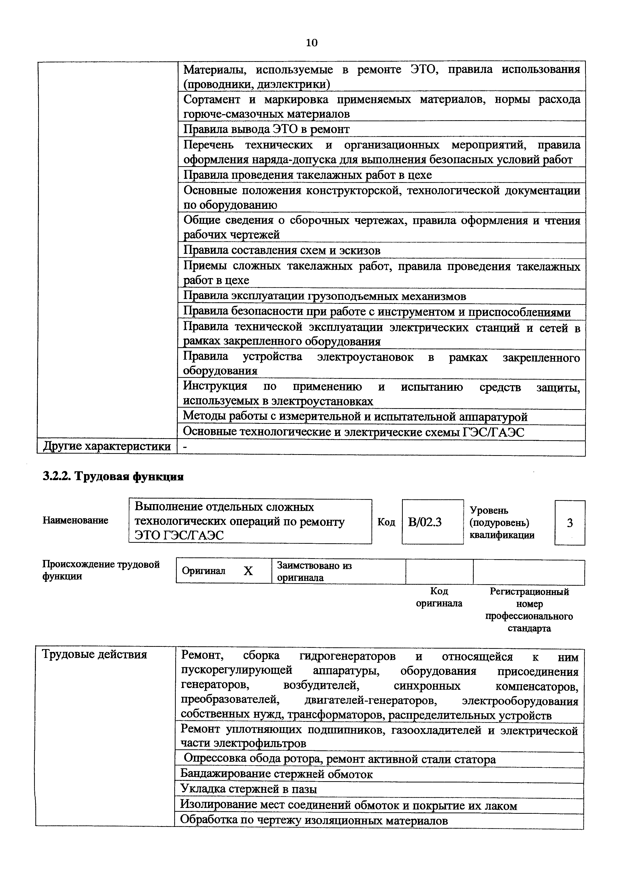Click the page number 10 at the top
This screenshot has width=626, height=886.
312,43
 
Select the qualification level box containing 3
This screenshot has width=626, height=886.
570,523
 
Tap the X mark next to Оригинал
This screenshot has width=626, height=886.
248,571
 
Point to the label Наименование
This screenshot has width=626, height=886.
75,521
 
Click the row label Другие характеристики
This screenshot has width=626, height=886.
107,447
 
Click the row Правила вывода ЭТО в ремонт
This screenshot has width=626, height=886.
266,129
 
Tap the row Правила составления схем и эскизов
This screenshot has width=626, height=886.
282,251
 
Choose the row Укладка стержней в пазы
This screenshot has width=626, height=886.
249,789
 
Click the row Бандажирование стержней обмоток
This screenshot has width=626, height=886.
277,774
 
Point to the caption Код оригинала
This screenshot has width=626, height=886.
439,597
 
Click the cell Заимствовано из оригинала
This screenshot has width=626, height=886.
314,572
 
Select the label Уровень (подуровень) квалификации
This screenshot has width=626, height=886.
502,523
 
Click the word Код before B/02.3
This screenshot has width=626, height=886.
386,522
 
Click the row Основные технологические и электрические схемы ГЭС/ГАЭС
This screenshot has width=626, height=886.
353,432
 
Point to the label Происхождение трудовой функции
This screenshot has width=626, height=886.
101,570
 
